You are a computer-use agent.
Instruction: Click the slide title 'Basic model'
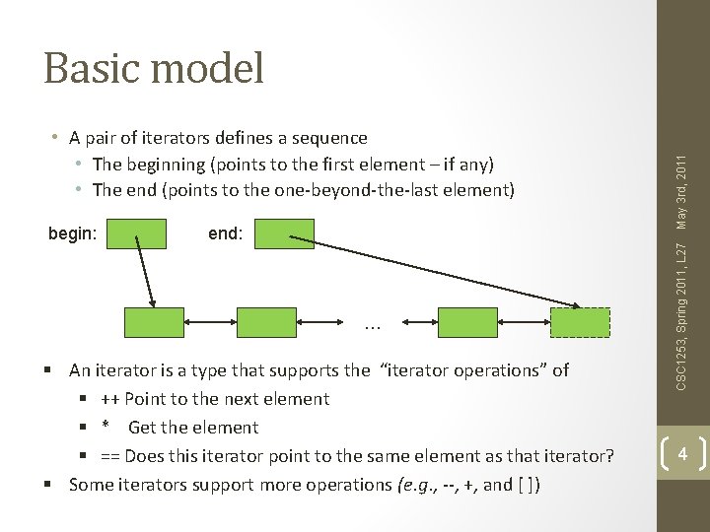tap(154, 69)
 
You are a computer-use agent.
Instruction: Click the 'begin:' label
tap(72, 234)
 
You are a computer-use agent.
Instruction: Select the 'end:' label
tap(225, 234)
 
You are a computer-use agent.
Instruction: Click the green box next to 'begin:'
tap(136, 233)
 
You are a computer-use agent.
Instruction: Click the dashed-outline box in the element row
tap(580, 322)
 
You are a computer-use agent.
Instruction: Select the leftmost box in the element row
tap(154, 322)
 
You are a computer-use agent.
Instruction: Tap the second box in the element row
tap(266, 322)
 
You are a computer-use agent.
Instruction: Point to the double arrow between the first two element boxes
tap(210, 322)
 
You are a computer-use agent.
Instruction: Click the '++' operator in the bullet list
tap(109, 399)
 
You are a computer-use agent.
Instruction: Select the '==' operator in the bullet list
tap(110, 456)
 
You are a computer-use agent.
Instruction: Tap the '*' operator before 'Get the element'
tap(104, 429)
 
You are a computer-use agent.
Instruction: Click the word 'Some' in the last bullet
tap(91, 485)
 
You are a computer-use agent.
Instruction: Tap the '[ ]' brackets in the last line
tap(526, 485)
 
